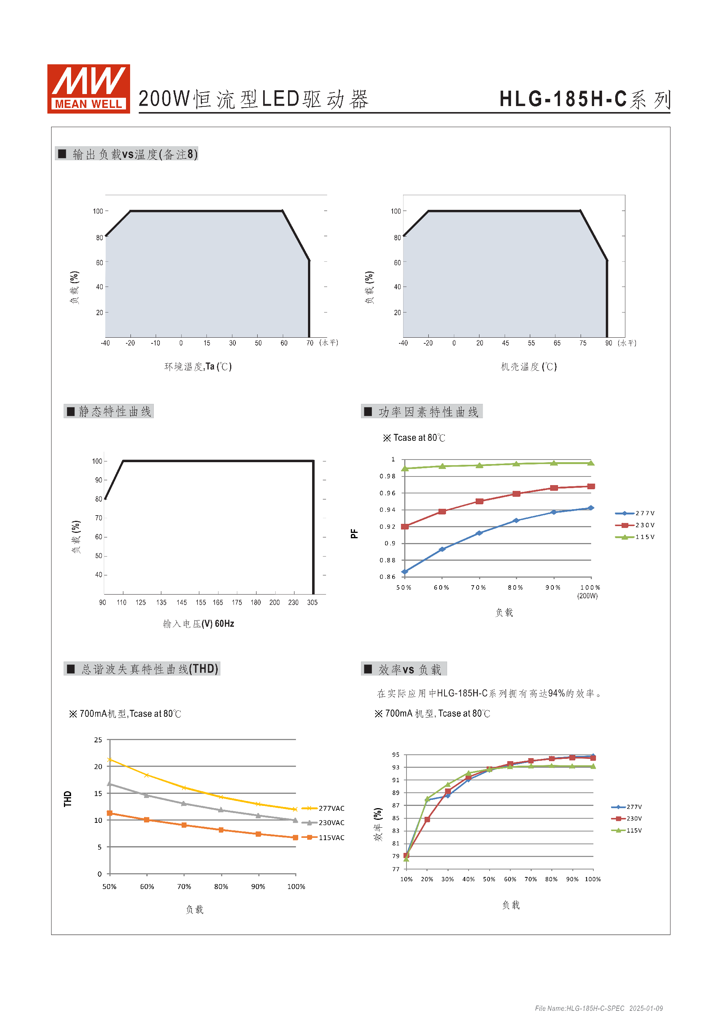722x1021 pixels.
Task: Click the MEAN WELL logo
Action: pos(88,88)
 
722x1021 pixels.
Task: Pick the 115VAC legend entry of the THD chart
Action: pos(325,837)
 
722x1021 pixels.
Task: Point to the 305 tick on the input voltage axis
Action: pos(312,602)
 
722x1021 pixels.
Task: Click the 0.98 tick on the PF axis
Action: pos(387,476)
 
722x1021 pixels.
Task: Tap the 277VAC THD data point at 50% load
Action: pos(110,760)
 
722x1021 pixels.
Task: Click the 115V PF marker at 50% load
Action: pos(405,468)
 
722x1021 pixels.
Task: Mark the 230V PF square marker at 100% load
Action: pos(591,487)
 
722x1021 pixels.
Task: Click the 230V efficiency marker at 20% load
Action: pos(427,819)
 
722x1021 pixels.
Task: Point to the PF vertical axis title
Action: pos(354,534)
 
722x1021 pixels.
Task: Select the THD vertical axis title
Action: pos(68,799)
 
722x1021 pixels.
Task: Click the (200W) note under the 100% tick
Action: pos(587,596)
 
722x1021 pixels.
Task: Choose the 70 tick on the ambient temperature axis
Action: pos(310,343)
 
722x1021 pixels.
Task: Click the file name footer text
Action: pos(598,1008)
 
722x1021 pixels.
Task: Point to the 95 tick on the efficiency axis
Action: pos(396,755)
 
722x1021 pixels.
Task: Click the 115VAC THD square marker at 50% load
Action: pos(110,813)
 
